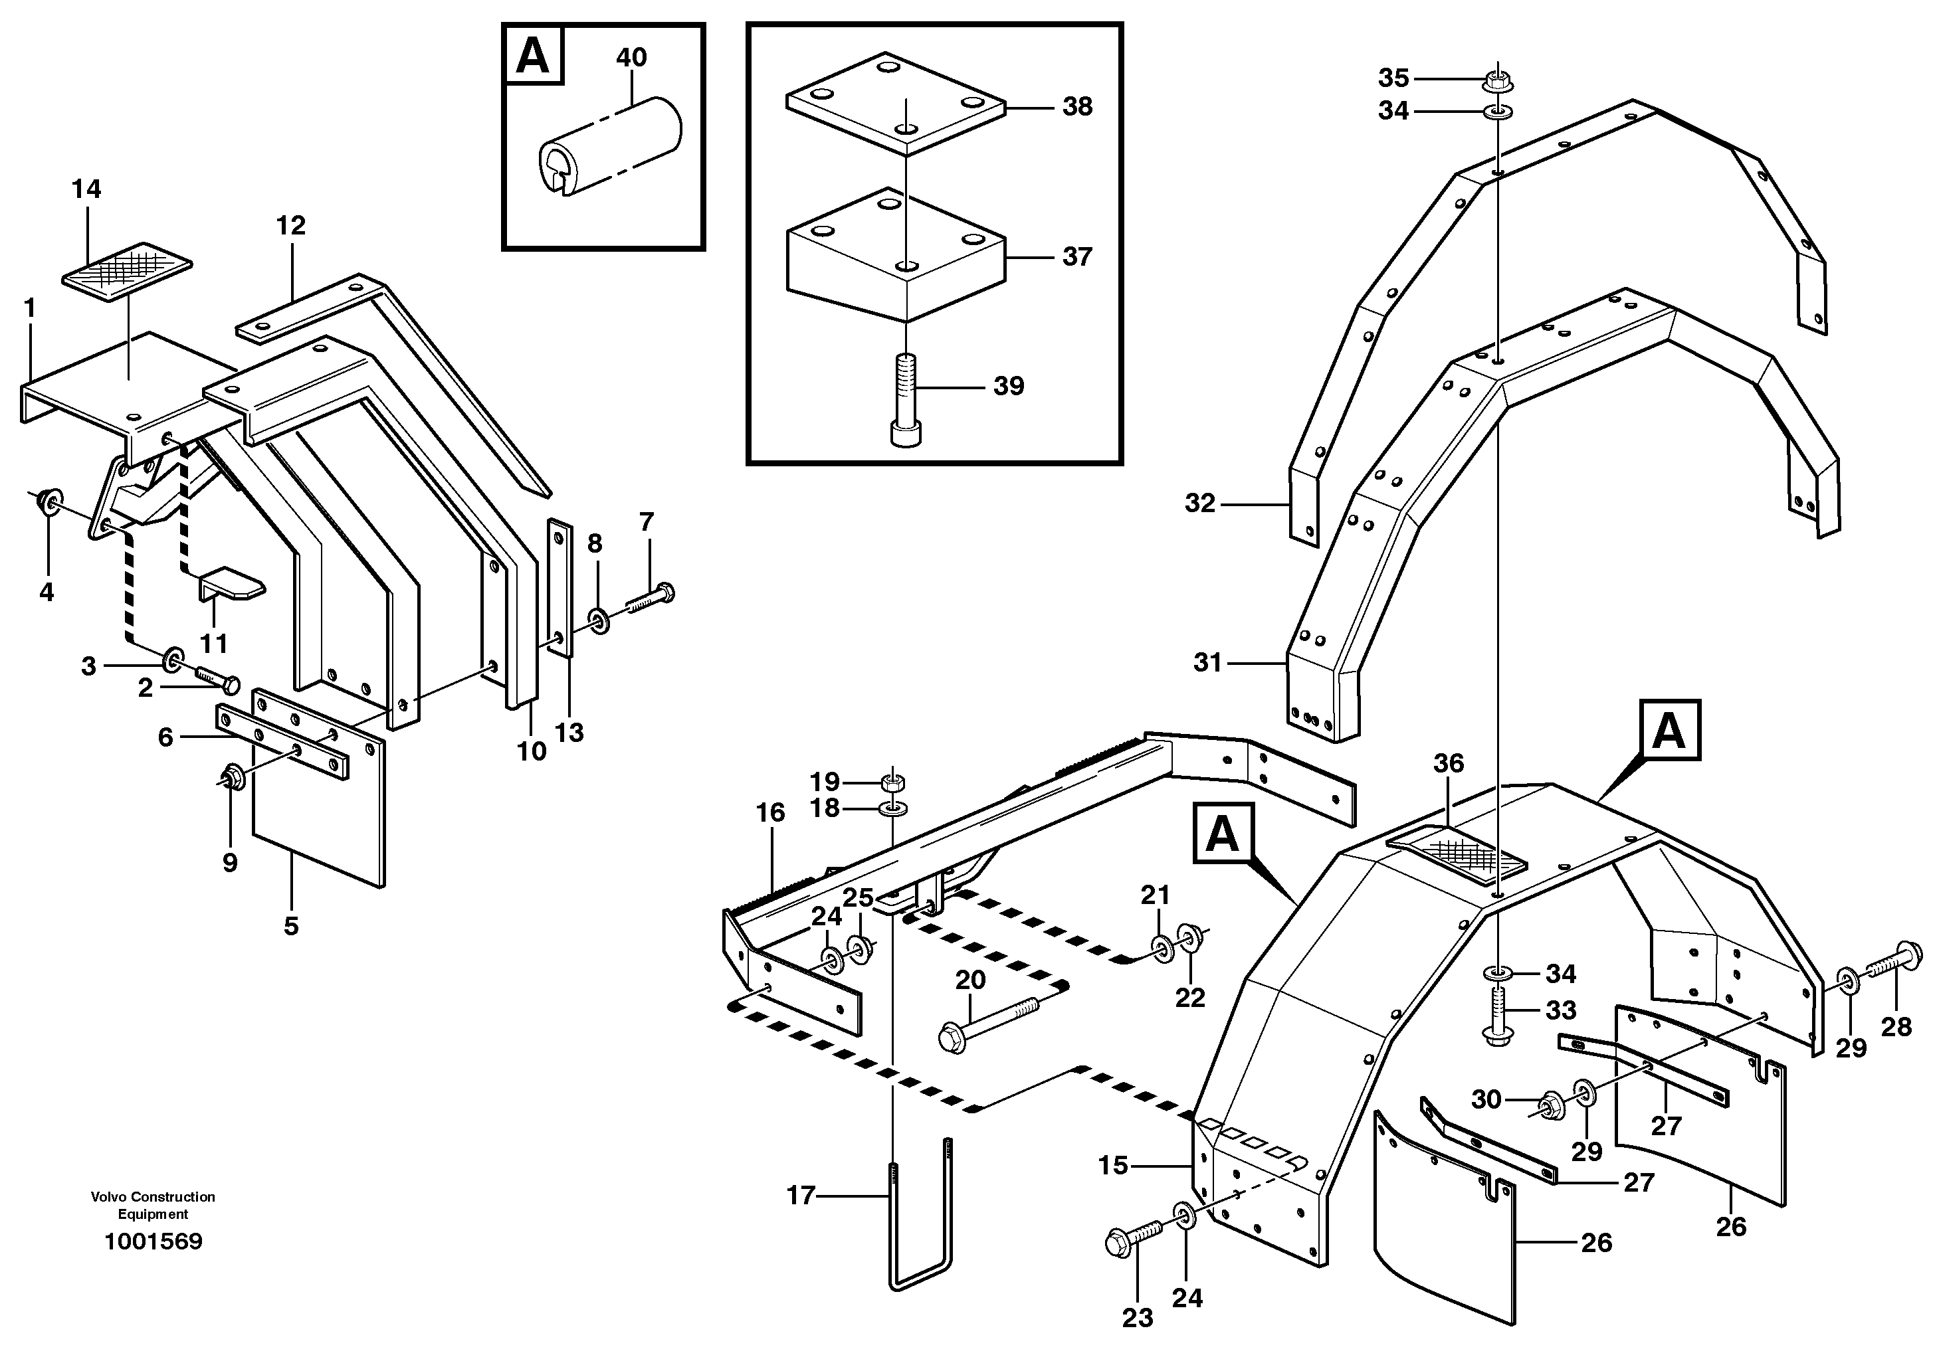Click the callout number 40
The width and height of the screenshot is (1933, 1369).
point(631,57)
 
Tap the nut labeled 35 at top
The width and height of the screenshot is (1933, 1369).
point(1497,82)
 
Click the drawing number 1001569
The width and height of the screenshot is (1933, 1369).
point(153,1241)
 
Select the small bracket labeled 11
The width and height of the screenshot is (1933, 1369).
point(231,583)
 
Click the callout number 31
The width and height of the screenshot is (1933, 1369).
point(1207,663)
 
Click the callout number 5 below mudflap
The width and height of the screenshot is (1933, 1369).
point(291,925)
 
